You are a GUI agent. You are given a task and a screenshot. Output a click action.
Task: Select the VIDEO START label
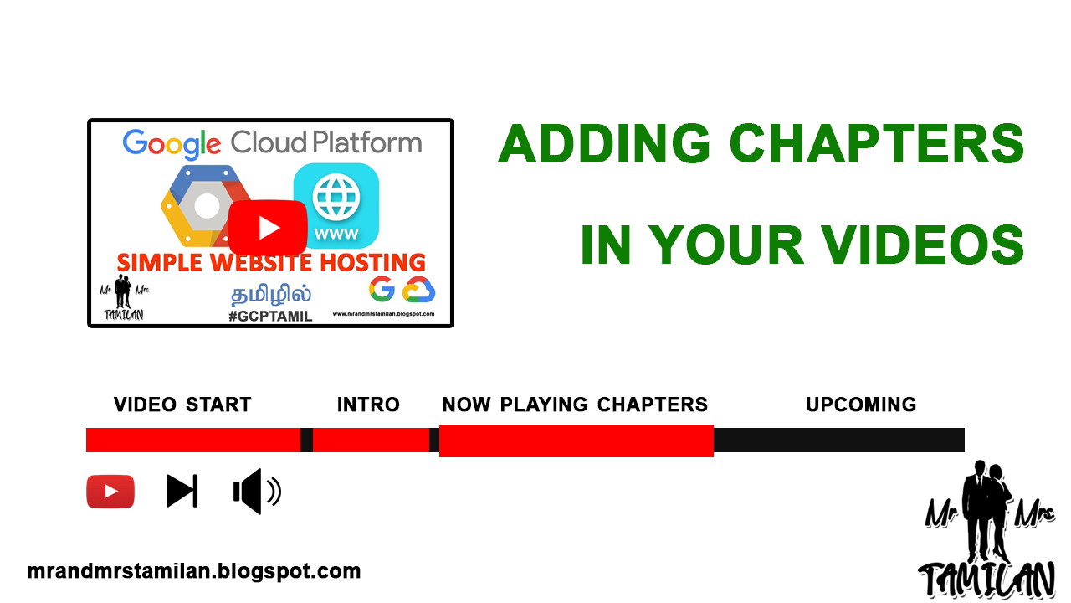pos(182,405)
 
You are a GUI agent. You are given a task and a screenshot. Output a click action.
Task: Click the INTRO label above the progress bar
pos(368,405)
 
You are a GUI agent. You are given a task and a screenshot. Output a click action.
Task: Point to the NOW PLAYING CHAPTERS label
pos(575,405)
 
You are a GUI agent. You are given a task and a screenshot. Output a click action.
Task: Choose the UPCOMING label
pos(861,405)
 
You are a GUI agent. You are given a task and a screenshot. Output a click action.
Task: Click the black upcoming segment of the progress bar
pos(839,440)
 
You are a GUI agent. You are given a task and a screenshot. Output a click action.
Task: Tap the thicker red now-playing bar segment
pos(576,441)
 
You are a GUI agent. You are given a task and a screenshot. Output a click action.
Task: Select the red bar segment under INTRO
pos(371,440)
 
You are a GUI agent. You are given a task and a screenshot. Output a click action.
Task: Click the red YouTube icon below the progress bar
pos(110,492)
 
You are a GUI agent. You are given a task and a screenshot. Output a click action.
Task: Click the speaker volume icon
pos(257,492)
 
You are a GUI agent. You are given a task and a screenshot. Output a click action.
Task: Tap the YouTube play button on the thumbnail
pos(268,227)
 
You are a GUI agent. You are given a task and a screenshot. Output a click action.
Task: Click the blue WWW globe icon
pos(336,206)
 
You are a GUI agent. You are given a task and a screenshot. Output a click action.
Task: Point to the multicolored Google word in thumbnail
pos(172,143)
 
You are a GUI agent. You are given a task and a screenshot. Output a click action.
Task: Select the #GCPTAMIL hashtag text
pos(270,317)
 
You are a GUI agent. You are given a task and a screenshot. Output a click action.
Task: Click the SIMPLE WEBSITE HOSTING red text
pos(271,262)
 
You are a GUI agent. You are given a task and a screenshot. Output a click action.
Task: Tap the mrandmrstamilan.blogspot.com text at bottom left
pos(194,571)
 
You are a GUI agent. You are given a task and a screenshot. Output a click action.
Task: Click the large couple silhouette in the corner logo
pos(986,512)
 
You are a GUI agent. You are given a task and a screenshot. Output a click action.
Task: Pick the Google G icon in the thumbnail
pos(382,289)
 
